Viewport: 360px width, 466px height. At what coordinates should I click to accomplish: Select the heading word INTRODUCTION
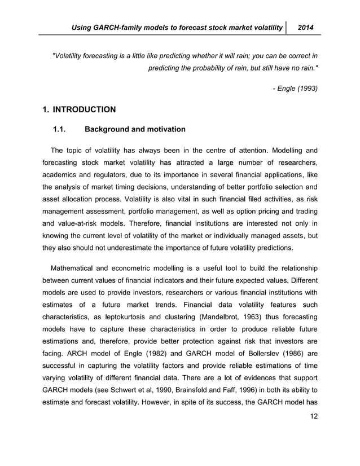tap(87, 109)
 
